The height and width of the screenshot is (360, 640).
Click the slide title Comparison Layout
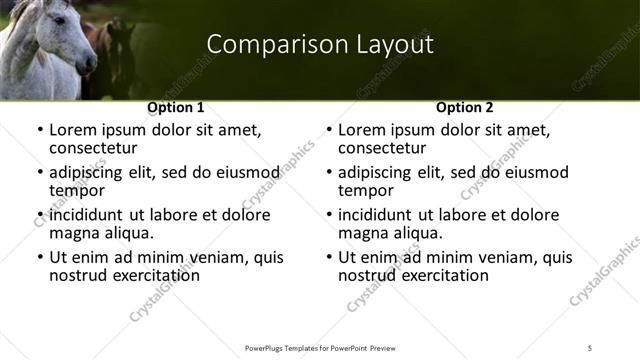click(x=320, y=45)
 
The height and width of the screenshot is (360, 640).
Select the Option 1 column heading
click(x=175, y=107)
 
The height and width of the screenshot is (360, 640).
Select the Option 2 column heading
click(x=465, y=107)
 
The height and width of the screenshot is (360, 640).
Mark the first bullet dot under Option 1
click(x=39, y=131)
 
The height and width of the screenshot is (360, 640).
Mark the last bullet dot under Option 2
click(x=328, y=258)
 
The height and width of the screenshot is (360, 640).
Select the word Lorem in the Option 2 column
click(x=360, y=130)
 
